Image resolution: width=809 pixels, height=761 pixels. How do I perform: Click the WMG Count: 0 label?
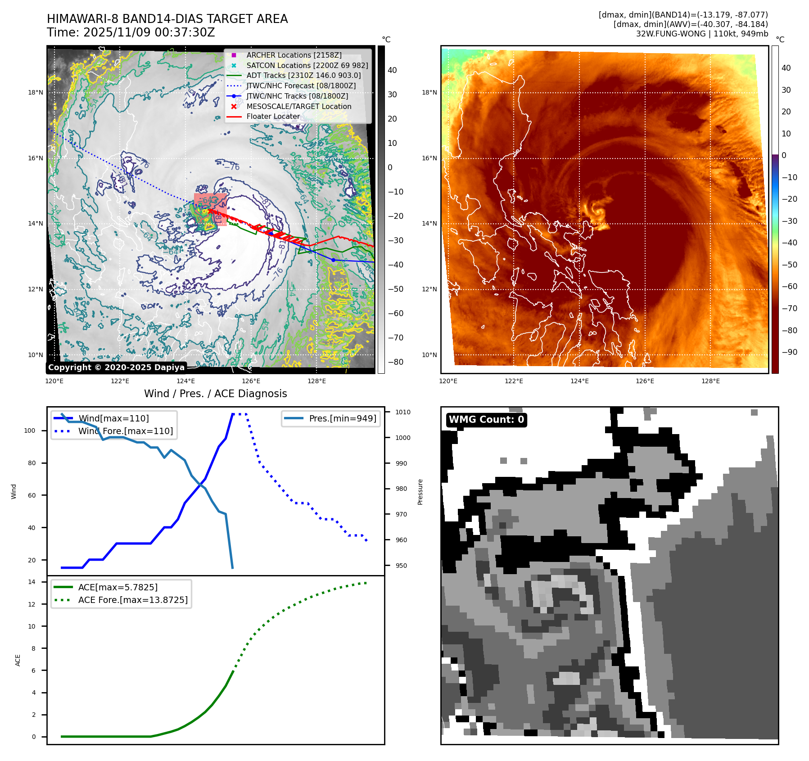pyautogui.click(x=486, y=420)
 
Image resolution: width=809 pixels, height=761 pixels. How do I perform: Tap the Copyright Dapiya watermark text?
pyautogui.click(x=116, y=367)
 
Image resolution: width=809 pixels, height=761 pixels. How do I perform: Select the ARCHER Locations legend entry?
pyautogui.click(x=294, y=55)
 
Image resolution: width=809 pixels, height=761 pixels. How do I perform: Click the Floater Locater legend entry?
pyautogui.click(x=273, y=116)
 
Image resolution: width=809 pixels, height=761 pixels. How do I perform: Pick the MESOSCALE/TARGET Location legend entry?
pyautogui.click(x=298, y=106)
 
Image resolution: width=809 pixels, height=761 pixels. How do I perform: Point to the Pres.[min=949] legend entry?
pyautogui.click(x=342, y=418)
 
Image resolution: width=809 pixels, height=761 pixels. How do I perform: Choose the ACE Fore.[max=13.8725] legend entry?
pyautogui.click(x=132, y=600)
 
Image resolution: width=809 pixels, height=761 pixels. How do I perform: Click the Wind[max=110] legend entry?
pyautogui.click(x=113, y=418)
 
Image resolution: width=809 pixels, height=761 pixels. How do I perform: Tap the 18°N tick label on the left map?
pyautogui.click(x=36, y=93)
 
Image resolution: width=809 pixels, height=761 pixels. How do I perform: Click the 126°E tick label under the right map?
pyautogui.click(x=645, y=381)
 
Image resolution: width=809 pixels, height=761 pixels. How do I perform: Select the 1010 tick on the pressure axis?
pyautogui.click(x=403, y=412)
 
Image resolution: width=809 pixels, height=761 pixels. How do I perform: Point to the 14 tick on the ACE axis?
pyautogui.click(x=32, y=582)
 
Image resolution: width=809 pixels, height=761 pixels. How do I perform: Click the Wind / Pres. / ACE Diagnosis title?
pyautogui.click(x=215, y=394)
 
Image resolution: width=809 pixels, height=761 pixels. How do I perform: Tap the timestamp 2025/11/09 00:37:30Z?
pyautogui.click(x=149, y=32)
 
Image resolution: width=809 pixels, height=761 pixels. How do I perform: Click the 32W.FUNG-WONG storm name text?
pyautogui.click(x=671, y=34)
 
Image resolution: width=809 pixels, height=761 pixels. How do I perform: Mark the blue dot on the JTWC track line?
pyautogui.click(x=333, y=260)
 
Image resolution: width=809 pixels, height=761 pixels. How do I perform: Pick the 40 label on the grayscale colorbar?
pyautogui.click(x=392, y=70)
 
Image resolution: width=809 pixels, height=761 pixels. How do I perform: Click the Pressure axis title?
pyautogui.click(x=420, y=492)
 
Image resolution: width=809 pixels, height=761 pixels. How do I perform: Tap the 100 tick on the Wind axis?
pyautogui.click(x=30, y=430)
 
